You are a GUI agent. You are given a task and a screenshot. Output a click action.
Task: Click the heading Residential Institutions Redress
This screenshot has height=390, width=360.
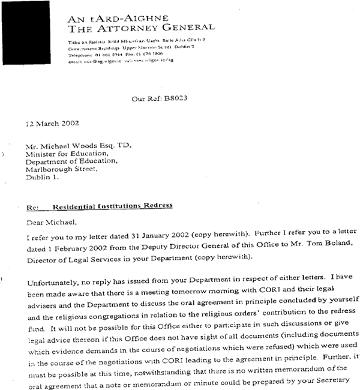[113, 206]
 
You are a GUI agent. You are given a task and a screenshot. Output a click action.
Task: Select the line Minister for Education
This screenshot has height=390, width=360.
[64, 154]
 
